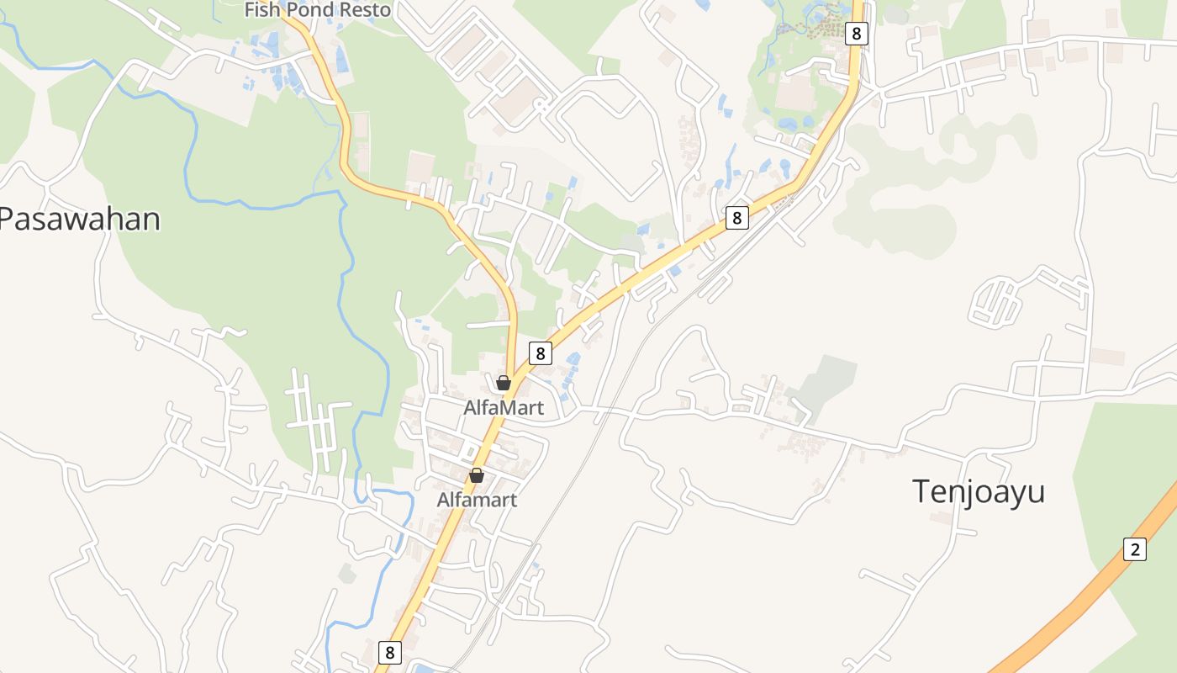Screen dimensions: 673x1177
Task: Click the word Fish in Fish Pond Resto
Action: tap(261, 10)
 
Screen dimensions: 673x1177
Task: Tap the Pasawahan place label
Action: tap(79, 219)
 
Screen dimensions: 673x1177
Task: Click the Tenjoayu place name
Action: tap(979, 490)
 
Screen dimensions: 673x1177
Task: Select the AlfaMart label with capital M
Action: tap(504, 408)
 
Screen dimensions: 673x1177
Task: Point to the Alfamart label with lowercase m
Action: tap(477, 500)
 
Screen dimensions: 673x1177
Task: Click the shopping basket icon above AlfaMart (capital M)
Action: tap(504, 383)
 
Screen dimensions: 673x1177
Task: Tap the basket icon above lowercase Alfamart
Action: tap(477, 475)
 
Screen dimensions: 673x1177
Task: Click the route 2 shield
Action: tap(1134, 549)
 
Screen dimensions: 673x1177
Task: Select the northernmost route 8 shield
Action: tap(856, 33)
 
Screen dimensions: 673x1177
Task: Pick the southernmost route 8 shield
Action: tap(388, 651)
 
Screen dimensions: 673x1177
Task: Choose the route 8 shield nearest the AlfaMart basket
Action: tap(540, 352)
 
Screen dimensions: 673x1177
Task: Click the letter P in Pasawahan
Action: tap(8, 219)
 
